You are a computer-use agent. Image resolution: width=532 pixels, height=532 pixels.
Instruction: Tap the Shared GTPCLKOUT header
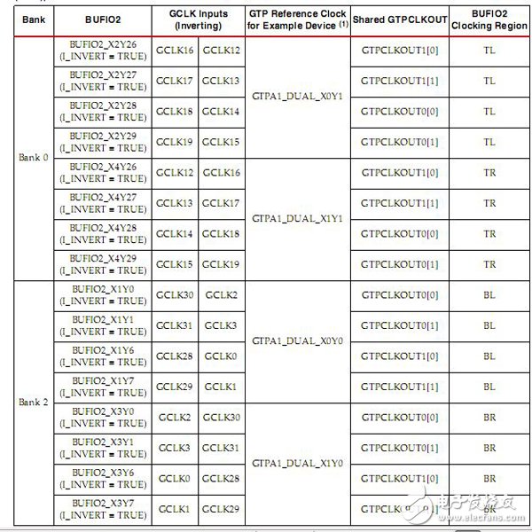[x=400, y=20]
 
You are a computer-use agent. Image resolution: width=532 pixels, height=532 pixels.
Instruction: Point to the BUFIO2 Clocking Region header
[x=489, y=20]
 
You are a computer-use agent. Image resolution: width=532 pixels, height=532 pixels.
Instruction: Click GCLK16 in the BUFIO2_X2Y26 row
[x=175, y=51]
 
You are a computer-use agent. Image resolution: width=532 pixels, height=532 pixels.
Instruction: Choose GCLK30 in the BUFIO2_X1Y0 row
[x=175, y=294]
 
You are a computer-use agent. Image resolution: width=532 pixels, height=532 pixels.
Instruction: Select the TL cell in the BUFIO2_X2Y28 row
[x=489, y=112]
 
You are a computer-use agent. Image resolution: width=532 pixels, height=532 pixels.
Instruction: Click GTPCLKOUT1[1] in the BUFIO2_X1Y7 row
[x=400, y=387]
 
